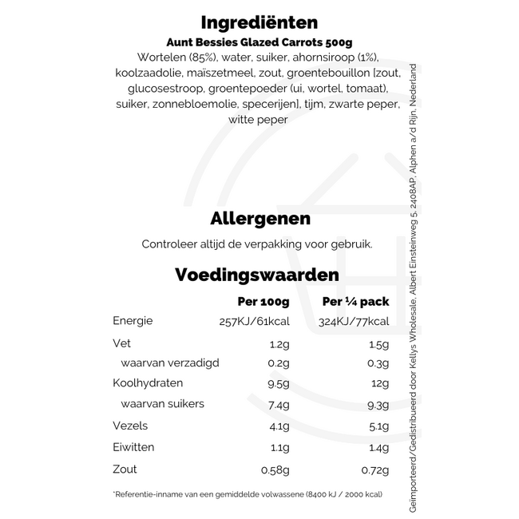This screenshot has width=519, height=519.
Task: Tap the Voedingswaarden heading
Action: tap(256, 275)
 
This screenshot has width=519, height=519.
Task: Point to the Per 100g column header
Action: tap(263, 302)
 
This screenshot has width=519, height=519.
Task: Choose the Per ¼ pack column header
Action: tap(355, 302)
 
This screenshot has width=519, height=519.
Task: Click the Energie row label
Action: tap(133, 321)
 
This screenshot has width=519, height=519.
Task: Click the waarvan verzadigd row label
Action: tap(170, 363)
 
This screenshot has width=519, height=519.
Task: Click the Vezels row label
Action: tap(129, 426)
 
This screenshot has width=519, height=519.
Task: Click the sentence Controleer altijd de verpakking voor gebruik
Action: tap(256, 244)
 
